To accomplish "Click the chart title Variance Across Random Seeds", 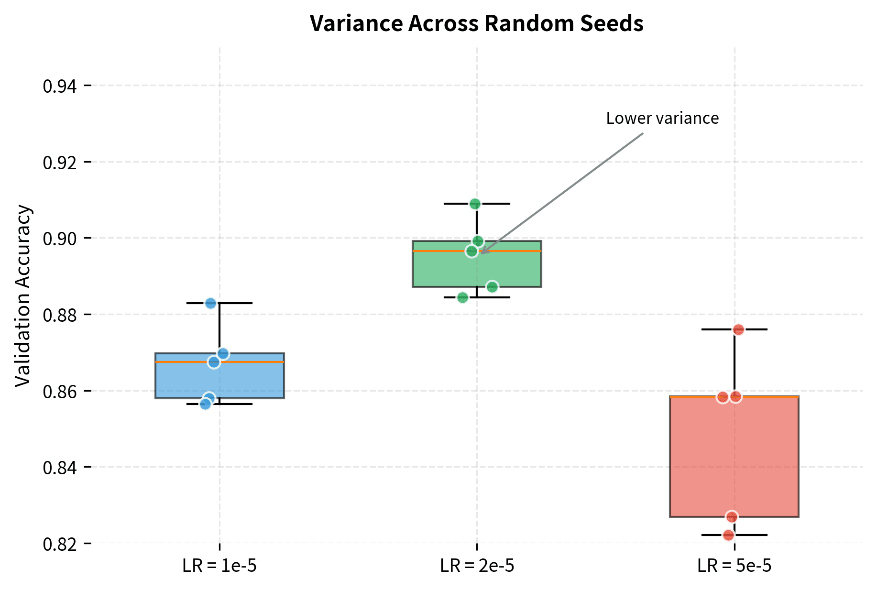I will click(x=476, y=23).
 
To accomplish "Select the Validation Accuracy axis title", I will click(x=23, y=295).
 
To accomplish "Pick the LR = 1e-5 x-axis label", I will click(x=219, y=566).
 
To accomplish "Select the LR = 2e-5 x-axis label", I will click(x=477, y=566).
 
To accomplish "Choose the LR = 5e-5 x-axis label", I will click(x=734, y=566).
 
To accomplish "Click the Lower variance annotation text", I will click(x=662, y=118).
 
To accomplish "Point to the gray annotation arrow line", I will click(x=564, y=191).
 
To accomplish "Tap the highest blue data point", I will click(x=211, y=303).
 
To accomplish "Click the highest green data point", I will click(x=475, y=204).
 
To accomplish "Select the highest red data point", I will click(x=738, y=330).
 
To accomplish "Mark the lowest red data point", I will click(x=729, y=535).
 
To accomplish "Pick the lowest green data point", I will click(x=462, y=298).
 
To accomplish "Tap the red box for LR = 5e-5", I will click(x=734, y=459).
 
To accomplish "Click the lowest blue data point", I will click(x=205, y=404).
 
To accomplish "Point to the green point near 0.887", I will click(x=492, y=287).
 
